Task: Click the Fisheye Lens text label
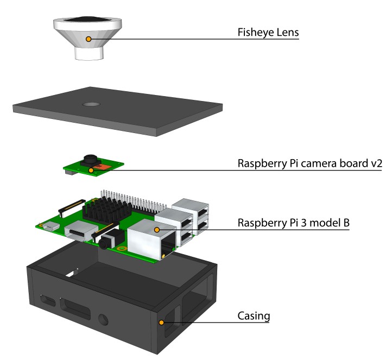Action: [268, 33]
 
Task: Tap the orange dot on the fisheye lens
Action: [89, 39]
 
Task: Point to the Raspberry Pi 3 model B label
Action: [293, 223]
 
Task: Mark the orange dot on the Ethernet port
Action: [157, 230]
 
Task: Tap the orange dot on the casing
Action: [161, 322]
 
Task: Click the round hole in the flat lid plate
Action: [90, 103]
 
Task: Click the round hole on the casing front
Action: [101, 320]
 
